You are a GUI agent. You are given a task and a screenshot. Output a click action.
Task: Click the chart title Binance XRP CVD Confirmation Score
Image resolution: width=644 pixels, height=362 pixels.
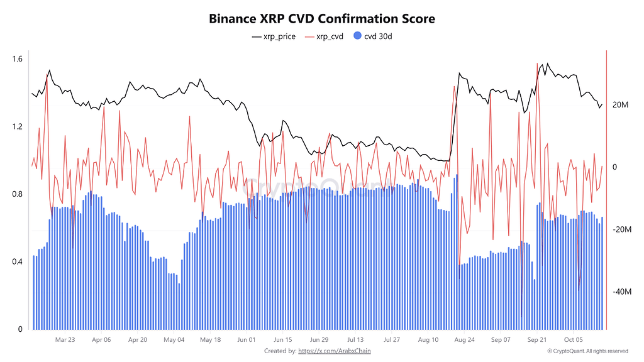point(322,19)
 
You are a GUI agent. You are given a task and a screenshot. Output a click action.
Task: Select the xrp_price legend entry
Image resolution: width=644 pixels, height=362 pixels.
point(274,36)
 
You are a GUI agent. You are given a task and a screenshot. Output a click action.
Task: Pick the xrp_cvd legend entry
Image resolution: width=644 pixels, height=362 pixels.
point(324,36)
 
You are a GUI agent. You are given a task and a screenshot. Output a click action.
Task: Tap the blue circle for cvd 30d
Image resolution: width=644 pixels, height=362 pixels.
point(357,36)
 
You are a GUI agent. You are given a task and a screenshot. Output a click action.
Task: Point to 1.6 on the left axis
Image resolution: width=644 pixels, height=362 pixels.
point(17,59)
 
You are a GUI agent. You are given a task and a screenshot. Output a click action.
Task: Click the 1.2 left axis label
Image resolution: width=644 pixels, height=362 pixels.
point(17,126)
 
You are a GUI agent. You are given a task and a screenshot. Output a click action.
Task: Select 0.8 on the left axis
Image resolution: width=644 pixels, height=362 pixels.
point(17,194)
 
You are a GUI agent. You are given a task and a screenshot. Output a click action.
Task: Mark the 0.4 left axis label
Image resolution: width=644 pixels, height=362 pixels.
point(17,262)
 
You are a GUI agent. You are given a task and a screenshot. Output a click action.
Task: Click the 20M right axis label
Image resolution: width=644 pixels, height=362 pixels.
point(620,105)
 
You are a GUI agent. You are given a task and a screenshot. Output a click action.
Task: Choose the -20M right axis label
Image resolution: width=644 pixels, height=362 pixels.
point(622,229)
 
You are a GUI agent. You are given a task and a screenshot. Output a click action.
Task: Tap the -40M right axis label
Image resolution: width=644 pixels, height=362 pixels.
point(622,292)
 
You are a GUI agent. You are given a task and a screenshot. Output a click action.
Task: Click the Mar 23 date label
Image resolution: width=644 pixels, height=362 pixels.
point(65,340)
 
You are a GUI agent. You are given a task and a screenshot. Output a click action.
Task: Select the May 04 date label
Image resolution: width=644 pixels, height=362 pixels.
point(174,340)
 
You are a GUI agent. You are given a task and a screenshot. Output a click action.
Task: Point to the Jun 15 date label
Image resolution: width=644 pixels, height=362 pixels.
point(283,340)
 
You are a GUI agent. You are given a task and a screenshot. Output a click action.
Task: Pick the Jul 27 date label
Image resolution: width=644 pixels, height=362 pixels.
point(392,340)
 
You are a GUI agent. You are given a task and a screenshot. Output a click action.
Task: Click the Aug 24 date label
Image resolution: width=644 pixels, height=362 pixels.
point(465,340)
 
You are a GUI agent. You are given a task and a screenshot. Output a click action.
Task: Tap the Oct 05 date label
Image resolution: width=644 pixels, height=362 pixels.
point(574,340)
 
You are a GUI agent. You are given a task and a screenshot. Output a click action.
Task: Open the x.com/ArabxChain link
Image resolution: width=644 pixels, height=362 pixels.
point(335,351)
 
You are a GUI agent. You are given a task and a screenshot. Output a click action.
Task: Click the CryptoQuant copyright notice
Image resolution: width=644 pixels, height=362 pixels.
point(588,351)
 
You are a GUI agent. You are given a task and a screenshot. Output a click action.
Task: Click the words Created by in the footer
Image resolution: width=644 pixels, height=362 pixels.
point(280,351)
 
